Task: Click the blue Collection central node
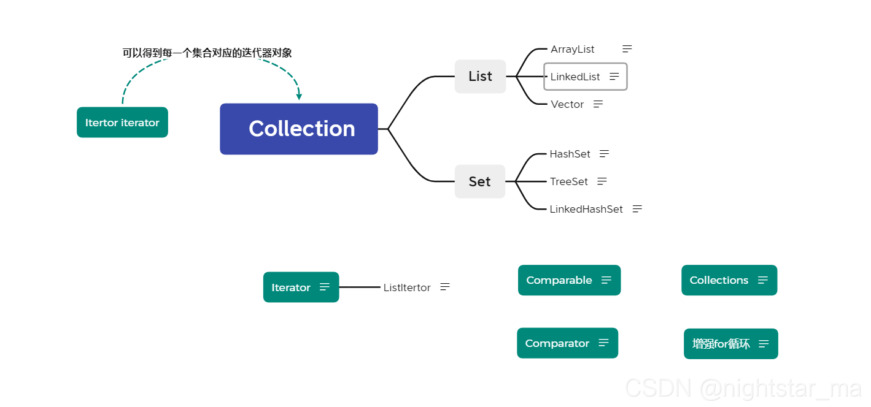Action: coord(299,129)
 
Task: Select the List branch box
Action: coord(480,77)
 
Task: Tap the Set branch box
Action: coord(479,181)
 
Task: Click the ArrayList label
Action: coord(572,50)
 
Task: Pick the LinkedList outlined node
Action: coord(585,77)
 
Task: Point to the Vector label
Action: coord(567,104)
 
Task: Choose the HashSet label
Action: coord(570,154)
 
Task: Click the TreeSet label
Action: coord(568,181)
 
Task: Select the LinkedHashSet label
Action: coord(586,209)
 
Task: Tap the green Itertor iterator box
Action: coord(122,123)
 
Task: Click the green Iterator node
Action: coord(301,287)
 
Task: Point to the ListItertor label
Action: coord(407,287)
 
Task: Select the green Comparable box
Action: coord(569,280)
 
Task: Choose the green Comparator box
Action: coord(567,343)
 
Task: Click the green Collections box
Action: coord(729,280)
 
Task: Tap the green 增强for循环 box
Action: coord(730,344)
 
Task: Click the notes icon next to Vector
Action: coord(598,104)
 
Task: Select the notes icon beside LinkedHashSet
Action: coord(637,209)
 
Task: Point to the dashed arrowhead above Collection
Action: coord(299,96)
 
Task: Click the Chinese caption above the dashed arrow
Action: coord(207,53)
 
